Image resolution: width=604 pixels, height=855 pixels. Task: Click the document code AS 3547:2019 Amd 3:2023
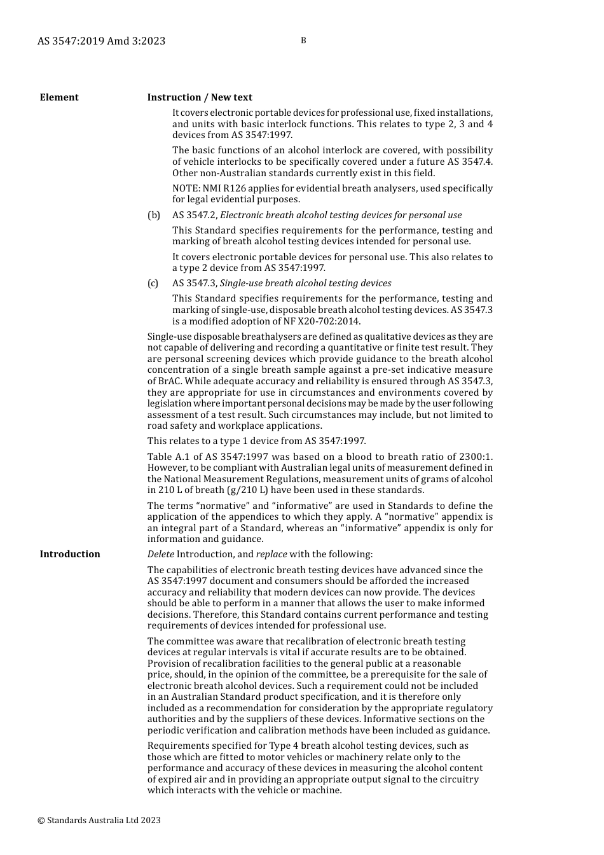(101, 41)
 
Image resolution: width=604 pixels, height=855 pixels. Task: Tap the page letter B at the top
(303, 41)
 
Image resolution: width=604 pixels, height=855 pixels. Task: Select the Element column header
(59, 97)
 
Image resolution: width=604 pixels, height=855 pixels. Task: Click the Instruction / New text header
(200, 97)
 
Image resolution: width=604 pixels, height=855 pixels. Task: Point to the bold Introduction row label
(70, 554)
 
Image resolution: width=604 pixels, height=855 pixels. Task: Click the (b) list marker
(154, 215)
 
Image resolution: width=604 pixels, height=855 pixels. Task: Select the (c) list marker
(153, 283)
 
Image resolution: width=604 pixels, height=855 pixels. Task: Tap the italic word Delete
(161, 554)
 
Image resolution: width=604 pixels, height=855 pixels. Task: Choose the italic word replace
(271, 554)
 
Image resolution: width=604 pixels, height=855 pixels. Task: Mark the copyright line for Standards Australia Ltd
(99, 820)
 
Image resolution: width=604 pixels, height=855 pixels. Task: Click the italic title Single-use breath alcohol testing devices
(306, 283)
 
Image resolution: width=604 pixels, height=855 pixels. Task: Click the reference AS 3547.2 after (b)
(194, 215)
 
